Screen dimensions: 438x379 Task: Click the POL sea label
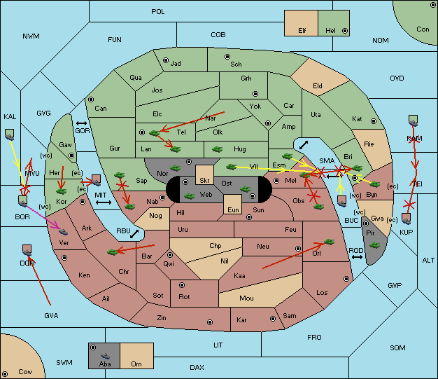point(158,12)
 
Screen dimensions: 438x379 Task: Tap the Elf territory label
point(302,31)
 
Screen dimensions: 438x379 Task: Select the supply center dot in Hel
point(345,31)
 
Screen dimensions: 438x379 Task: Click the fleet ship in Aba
point(106,356)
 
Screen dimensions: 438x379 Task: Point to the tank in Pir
point(374,245)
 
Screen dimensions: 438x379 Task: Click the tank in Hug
point(217,149)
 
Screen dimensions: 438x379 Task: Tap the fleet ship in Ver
point(64,232)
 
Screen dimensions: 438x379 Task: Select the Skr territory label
point(204,181)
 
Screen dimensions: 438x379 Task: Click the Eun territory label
point(233,209)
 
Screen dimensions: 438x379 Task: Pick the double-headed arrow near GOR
point(81,123)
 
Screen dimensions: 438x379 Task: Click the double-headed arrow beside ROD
point(357,257)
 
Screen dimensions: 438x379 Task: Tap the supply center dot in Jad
point(166,60)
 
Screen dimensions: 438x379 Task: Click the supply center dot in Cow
point(5,373)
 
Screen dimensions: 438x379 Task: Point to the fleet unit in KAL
point(10,135)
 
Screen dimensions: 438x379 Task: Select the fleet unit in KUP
point(406,219)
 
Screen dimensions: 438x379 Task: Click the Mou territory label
point(246,298)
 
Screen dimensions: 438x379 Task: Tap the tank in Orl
point(329,242)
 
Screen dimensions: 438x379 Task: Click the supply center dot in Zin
point(210,322)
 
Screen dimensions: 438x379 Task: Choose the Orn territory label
point(136,364)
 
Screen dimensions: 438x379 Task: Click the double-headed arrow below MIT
point(104,202)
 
